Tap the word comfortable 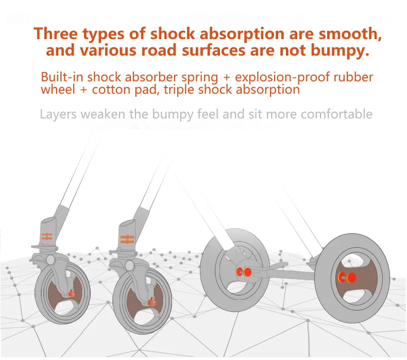[x=336, y=113]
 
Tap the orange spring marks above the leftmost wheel [x=47, y=237]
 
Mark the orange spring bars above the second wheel [x=127, y=239]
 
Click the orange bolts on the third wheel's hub [x=243, y=271]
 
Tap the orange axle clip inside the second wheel [x=151, y=302]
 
